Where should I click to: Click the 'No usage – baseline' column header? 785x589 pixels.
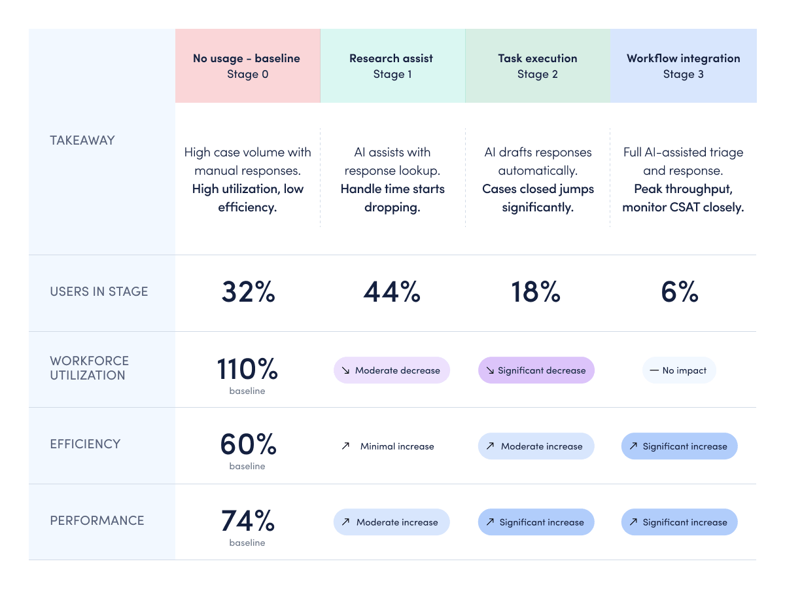247,58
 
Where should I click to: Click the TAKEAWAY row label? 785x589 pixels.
82,140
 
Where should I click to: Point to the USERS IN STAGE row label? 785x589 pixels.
99,291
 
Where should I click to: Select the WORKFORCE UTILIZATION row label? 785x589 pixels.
90,368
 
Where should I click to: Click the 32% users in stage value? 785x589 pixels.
248,292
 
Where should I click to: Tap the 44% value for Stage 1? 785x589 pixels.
392,292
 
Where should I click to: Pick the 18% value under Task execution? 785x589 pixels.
536,292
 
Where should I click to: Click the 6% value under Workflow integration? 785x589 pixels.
680,292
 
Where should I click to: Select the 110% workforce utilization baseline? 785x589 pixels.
247,368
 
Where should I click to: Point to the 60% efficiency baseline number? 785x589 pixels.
248,444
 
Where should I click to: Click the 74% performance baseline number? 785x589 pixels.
248,520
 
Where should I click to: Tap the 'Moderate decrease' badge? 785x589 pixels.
392,370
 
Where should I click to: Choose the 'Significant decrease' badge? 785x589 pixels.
536,370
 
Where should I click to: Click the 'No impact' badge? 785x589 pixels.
679,370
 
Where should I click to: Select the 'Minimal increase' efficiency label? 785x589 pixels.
397,446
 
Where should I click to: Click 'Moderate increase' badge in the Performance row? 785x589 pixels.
392,522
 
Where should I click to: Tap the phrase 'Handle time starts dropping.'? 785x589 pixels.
392,198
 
